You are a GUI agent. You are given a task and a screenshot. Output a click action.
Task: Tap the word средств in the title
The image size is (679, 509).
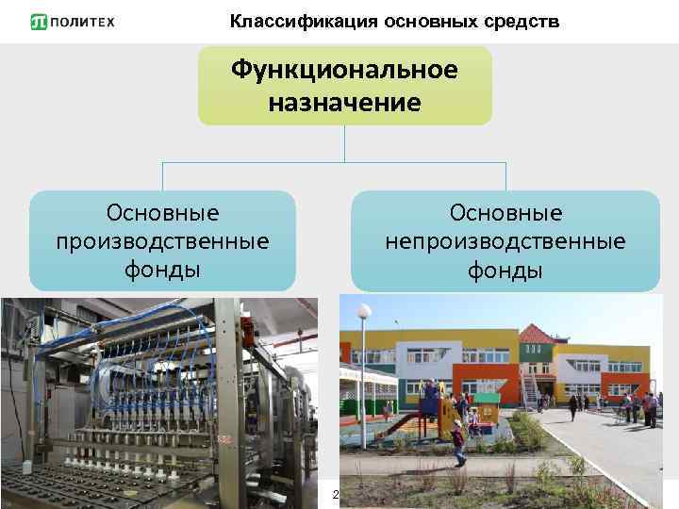[524, 21]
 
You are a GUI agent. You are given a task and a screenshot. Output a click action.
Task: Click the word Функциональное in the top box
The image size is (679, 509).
[344, 70]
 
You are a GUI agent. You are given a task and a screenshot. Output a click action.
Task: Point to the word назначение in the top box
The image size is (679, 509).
[344, 101]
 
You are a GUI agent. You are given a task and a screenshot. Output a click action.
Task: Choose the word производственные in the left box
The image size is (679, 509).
[162, 241]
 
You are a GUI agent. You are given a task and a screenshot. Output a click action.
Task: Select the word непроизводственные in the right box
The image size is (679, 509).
[505, 242]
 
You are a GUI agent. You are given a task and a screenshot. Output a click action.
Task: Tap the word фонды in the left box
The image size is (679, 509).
[162, 271]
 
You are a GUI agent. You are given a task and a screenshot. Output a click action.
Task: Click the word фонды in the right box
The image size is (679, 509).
[505, 271]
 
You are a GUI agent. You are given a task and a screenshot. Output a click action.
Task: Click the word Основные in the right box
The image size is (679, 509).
[505, 212]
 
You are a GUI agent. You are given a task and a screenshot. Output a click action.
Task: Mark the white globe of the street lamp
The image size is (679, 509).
[365, 310]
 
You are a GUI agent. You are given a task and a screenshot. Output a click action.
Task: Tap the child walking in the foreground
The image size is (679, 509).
[458, 443]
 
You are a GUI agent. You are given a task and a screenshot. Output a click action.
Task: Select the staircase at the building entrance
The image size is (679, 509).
[530, 389]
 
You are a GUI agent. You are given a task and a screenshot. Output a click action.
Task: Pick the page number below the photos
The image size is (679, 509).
[334, 494]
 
